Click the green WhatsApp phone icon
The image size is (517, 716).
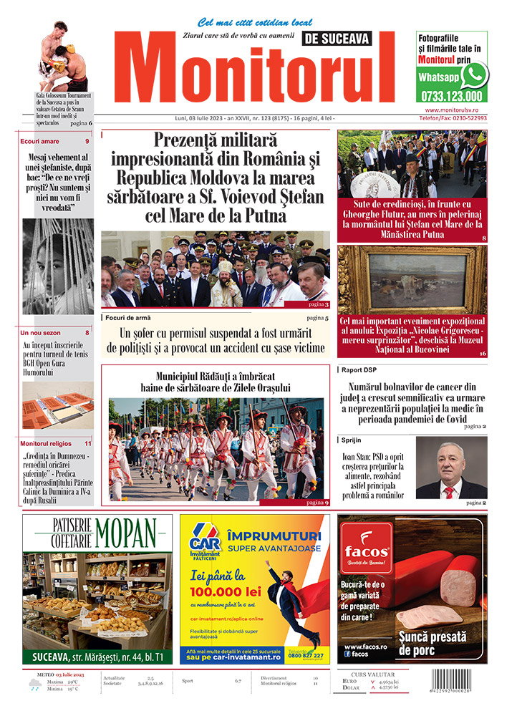pos(474,75)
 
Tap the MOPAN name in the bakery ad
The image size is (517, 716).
pos(127,534)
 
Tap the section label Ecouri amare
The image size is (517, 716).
pos(40,141)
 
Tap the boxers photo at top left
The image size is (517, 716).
pos(62,57)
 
